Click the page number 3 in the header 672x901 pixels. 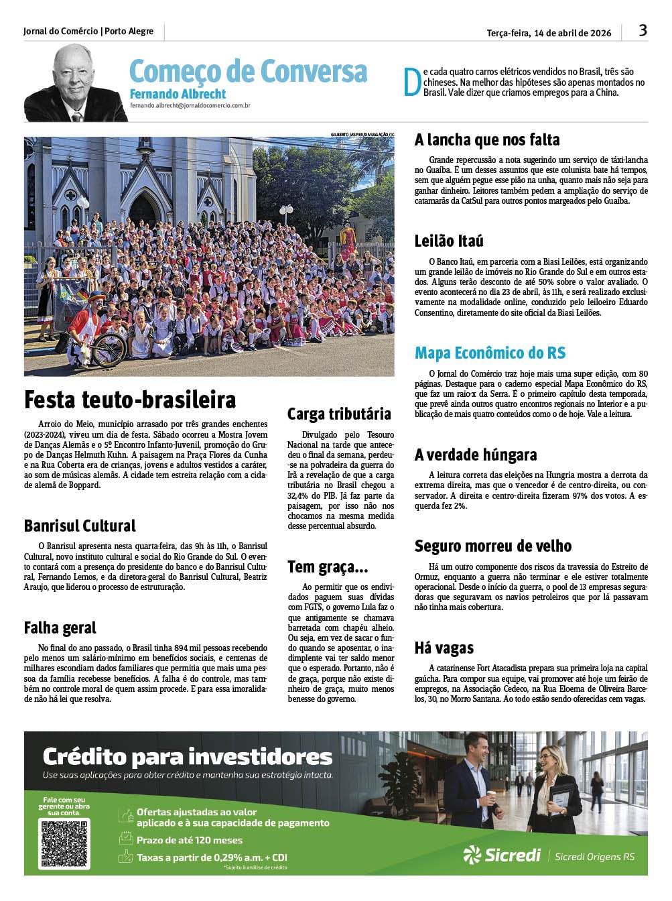tap(643, 30)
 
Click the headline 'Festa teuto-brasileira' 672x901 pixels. tap(130, 400)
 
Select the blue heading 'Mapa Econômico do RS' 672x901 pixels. tap(490, 353)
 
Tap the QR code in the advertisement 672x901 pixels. tap(65, 843)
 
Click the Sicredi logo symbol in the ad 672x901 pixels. tap(472, 855)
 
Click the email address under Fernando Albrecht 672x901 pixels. tap(190, 106)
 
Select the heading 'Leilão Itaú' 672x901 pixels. tap(448, 241)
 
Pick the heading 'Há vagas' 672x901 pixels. tap(444, 648)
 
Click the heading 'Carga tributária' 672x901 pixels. tap(339, 414)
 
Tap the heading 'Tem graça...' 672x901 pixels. tap(328, 567)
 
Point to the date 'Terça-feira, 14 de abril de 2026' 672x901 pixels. tap(549, 33)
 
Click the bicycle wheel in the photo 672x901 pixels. tap(109, 349)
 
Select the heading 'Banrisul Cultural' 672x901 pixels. tap(80, 526)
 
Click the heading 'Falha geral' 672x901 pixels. tap(60, 628)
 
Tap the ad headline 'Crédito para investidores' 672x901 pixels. tap(188, 757)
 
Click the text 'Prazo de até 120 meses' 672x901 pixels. tap(190, 840)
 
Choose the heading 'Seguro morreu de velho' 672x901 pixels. tap(492, 546)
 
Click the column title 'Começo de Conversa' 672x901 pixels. tap(248, 71)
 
